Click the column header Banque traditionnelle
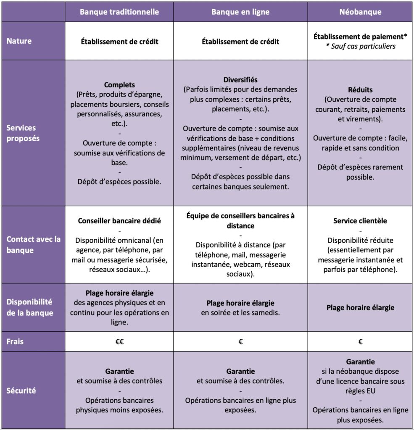(119, 12)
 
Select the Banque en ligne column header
(240, 12)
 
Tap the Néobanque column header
(360, 12)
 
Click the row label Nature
(18, 41)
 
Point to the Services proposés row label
(21, 133)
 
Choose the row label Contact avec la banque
(33, 244)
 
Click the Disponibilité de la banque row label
(29, 307)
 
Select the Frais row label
(15, 341)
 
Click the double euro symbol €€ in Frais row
(119, 342)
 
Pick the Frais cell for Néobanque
(360, 342)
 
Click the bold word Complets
(119, 85)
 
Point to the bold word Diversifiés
(240, 80)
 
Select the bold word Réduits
(360, 90)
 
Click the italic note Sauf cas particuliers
(363, 46)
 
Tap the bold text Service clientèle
(360, 220)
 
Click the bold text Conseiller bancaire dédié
(119, 220)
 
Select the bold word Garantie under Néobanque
(360, 362)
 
